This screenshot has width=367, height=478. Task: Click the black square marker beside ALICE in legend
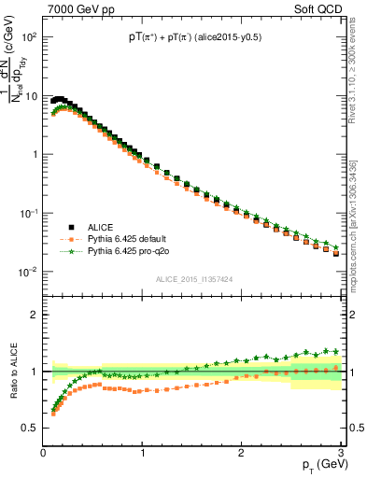tap(70, 227)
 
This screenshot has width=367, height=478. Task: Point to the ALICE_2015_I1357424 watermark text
tap(193, 279)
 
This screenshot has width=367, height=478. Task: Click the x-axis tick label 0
tap(43, 453)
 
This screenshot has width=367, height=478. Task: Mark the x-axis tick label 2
tap(241, 453)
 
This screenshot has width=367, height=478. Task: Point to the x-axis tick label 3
tap(340, 453)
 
